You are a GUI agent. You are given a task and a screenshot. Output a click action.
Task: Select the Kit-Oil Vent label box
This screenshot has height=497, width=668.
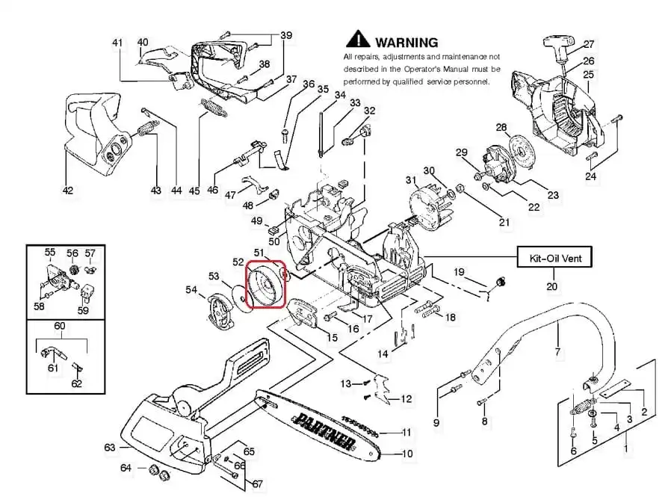coord(555,259)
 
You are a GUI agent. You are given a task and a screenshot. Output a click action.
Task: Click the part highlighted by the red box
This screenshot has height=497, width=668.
coord(266,285)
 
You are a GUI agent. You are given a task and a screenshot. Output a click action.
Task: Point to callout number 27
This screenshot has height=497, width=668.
coord(589,43)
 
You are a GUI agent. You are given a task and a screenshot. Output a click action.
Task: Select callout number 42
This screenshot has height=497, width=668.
coord(68,191)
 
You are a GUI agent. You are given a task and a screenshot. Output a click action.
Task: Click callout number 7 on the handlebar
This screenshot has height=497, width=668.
coord(557,351)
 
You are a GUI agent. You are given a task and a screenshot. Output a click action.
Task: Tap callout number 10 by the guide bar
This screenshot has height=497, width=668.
coord(407,453)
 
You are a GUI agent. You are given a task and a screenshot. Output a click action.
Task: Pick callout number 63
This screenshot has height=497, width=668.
coord(110,448)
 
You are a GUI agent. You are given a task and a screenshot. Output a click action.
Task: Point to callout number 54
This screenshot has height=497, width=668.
coord(191,289)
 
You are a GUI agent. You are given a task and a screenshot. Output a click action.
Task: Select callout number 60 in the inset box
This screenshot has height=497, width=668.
coord(59,327)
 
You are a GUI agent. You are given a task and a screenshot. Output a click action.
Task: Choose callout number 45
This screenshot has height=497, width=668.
coord(194,191)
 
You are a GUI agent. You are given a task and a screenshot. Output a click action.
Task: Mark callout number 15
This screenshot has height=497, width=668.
coord(333,338)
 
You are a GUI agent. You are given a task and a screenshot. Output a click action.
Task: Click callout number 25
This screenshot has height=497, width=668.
coord(589,75)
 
